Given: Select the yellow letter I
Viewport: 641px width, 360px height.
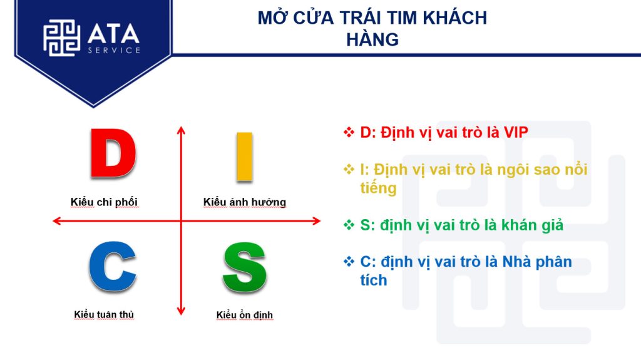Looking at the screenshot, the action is click(245, 157).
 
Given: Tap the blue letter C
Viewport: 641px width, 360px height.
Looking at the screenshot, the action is click(112, 267).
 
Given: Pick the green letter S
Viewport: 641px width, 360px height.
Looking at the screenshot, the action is click(245, 267).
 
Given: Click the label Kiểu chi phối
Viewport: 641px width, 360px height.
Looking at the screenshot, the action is click(104, 202).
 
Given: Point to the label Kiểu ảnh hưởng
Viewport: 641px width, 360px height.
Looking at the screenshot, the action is click(245, 202).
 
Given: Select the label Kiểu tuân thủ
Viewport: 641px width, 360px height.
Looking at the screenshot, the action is click(104, 314).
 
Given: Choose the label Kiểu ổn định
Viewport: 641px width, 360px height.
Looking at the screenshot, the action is click(245, 315).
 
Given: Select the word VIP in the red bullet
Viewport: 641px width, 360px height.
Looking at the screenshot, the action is click(516, 133).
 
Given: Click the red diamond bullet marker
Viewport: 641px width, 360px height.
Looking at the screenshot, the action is click(349, 132).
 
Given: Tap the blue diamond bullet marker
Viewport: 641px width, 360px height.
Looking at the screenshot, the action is click(349, 262).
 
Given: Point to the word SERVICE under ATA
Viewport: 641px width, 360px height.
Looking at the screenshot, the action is click(114, 50).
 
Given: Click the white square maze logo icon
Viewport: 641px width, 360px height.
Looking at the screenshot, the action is click(62, 38).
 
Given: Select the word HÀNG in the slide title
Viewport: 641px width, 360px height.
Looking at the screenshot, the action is click(372, 39).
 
